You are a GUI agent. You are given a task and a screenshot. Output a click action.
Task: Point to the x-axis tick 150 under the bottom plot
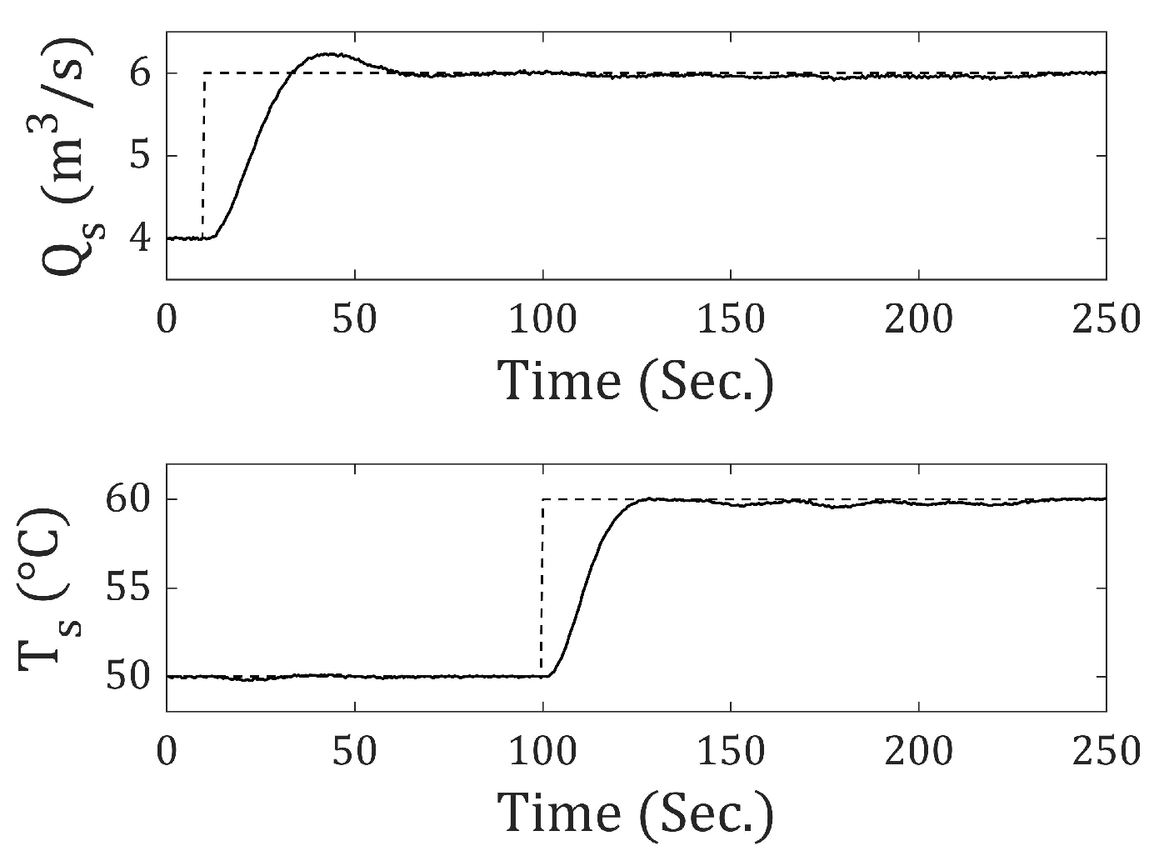pos(730,751)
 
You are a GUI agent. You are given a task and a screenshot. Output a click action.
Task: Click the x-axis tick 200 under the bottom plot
pos(917,751)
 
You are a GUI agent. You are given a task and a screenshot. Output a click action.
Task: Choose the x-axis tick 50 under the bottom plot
pos(355,751)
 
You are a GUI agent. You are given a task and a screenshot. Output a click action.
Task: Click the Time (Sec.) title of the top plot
pos(636,381)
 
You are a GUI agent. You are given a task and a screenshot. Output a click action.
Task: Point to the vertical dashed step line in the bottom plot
pos(542,588)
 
